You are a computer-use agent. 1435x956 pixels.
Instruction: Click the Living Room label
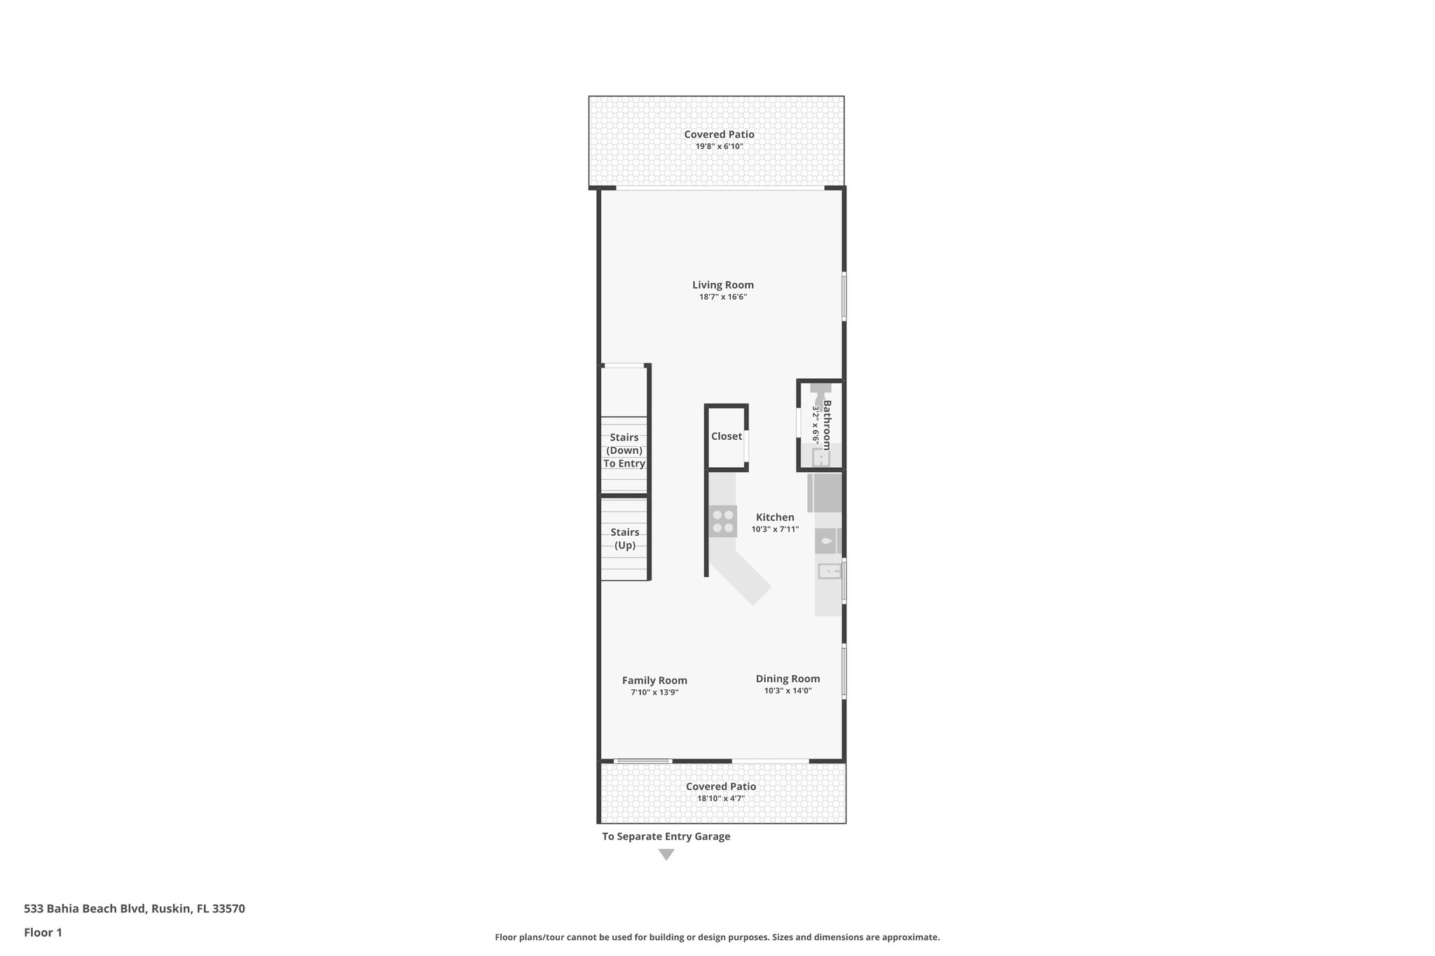click(x=722, y=285)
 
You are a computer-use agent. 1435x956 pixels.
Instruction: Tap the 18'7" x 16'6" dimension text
click(x=722, y=297)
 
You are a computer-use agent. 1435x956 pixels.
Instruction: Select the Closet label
click(x=726, y=436)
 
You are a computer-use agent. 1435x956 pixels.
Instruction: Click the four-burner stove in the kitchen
click(x=722, y=521)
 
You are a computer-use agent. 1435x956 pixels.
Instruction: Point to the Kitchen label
click(x=774, y=518)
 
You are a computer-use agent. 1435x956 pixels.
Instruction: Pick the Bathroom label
click(x=827, y=425)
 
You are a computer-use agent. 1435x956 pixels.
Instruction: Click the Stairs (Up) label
click(x=624, y=539)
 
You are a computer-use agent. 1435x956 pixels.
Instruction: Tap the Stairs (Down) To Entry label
click(x=624, y=450)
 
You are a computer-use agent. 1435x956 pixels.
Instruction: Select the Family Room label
click(x=654, y=680)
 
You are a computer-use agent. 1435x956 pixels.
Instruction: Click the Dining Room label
click(x=788, y=679)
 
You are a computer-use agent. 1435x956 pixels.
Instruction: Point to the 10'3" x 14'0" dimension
click(x=788, y=691)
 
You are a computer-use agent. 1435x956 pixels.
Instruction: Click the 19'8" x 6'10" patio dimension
click(x=719, y=146)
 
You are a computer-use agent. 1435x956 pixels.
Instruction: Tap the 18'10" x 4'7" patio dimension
click(x=720, y=798)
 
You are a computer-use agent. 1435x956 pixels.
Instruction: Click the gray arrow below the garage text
click(x=666, y=854)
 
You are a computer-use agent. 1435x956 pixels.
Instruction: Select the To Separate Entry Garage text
click(x=666, y=836)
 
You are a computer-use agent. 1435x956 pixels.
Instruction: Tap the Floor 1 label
click(x=43, y=932)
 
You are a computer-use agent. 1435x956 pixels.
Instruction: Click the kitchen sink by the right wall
click(x=829, y=572)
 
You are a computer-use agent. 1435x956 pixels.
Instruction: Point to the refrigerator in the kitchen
click(x=825, y=493)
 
